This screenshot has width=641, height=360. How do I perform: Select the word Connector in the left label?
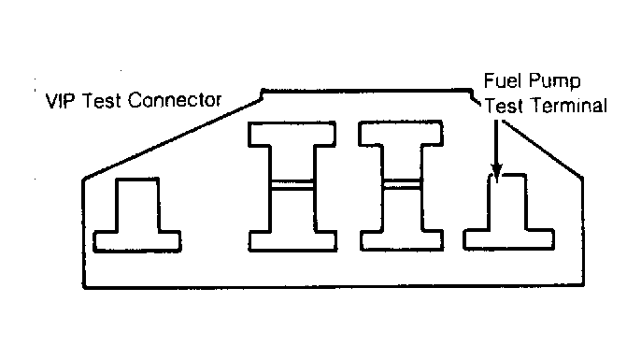click(x=175, y=101)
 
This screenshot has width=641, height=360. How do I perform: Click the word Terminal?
click(x=569, y=106)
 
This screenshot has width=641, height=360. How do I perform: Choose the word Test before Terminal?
click(x=504, y=106)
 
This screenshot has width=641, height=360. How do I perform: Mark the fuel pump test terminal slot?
click(x=508, y=229)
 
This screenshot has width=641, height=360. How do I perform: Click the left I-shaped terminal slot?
click(x=292, y=186)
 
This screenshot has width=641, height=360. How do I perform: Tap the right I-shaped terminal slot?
click(x=401, y=185)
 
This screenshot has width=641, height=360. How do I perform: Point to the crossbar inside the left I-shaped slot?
click(x=292, y=185)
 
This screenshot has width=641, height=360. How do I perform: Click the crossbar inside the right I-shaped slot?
click(x=402, y=184)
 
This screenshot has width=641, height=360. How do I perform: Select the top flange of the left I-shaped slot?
click(x=292, y=134)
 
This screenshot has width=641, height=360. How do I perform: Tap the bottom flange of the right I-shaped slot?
click(x=402, y=240)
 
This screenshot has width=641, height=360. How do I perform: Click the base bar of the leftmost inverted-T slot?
click(x=137, y=242)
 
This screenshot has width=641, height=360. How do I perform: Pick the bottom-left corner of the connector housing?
click(x=84, y=287)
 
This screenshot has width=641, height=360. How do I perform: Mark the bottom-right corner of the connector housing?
click(x=583, y=284)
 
